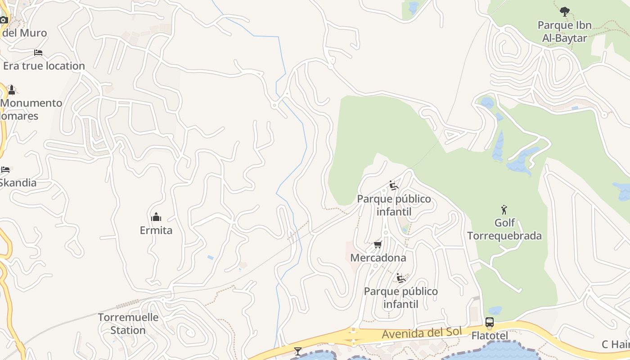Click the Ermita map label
156,230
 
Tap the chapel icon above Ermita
156,217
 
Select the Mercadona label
378,258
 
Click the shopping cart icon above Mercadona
378,244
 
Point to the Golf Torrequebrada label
504,229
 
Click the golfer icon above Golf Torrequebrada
504,210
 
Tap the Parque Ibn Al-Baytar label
564,31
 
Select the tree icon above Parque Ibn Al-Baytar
565,12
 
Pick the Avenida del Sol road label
422,333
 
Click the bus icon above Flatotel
490,322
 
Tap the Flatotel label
490,336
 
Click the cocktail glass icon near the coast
297,351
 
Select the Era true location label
44,66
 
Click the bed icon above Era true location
38,53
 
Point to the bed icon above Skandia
5,170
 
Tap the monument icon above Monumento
12,90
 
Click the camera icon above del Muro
4,20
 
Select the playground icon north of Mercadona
394,185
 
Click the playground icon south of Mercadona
400,278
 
